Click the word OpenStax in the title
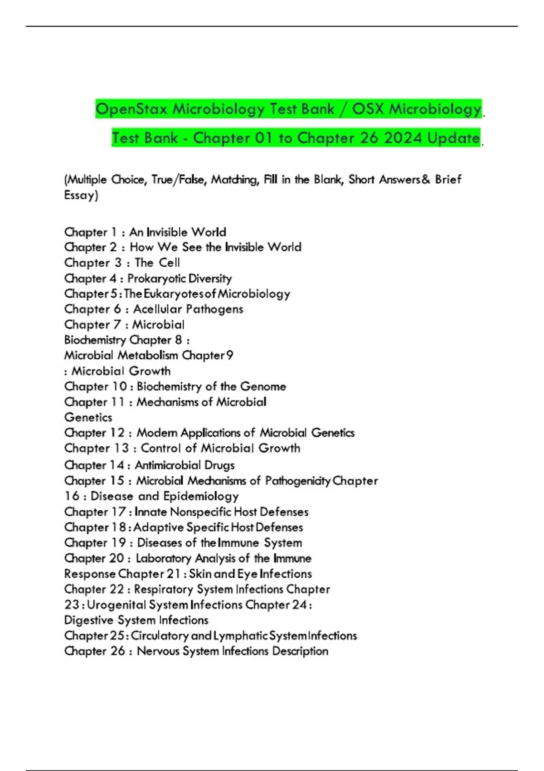pos(131,109)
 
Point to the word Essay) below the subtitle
pos(81,195)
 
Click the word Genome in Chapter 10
pos(263,386)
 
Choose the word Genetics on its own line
pos(88,417)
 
